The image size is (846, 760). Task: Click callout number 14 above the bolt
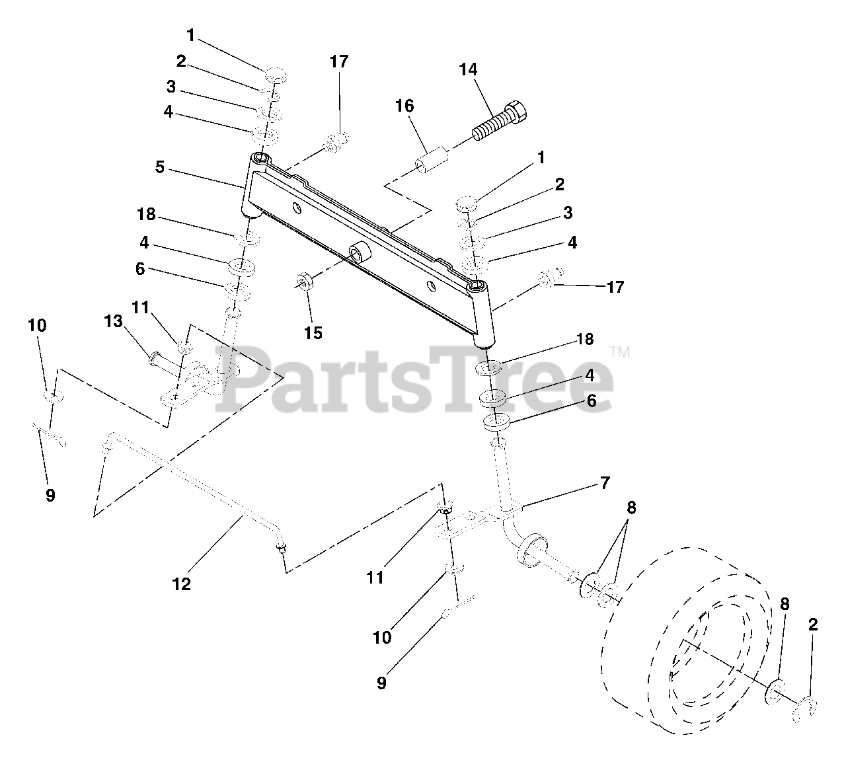pos(468,69)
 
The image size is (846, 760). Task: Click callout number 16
pos(404,106)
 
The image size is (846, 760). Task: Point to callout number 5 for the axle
pos(160,167)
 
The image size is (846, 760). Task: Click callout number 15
pos(313,332)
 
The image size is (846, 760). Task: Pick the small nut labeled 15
pos(304,281)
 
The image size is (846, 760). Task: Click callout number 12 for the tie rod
pos(181,584)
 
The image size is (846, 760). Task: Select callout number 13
pos(114,321)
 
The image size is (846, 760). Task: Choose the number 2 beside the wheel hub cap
pos(813,625)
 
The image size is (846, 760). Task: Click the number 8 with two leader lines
pos(631,508)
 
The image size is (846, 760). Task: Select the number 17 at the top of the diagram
pos(339,62)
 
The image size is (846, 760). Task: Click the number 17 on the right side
pos(615,287)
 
